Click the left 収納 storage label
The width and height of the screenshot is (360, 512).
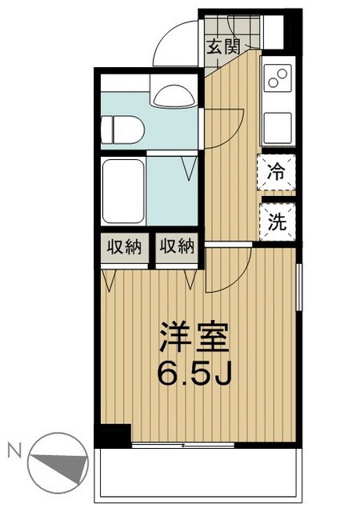pyautogui.click(x=123, y=246)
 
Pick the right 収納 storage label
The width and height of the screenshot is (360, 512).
pyautogui.click(x=176, y=246)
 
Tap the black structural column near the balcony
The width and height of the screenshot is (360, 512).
pyautogui.click(x=112, y=436)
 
